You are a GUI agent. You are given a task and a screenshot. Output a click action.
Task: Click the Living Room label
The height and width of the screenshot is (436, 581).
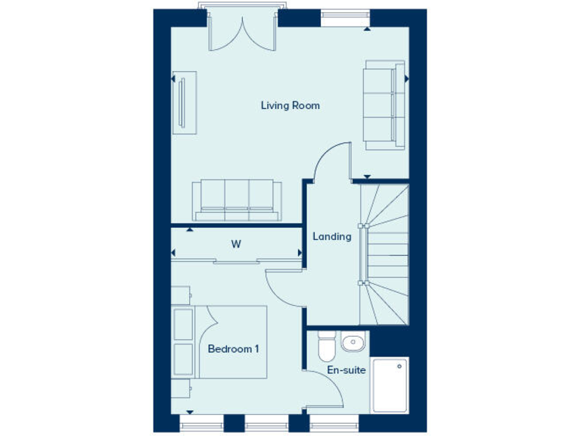pos(290,105)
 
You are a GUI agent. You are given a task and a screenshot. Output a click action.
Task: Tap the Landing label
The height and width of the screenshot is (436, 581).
pos(332,236)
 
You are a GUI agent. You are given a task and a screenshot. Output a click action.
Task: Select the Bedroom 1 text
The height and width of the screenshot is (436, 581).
pos(234,349)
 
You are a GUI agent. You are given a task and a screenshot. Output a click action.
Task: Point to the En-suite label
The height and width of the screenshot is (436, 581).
pos(346,370)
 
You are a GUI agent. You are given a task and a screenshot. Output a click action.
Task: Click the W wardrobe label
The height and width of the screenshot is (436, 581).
pos(236,244)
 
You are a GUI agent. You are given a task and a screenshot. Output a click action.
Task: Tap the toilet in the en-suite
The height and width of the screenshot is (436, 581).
pos(326,347)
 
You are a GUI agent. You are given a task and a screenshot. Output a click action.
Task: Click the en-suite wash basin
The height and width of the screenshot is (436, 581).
pos(352,345)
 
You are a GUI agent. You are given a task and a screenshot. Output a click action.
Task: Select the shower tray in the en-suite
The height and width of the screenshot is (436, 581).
pos(390,385)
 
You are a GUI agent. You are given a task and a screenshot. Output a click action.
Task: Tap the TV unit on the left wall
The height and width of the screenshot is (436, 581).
pos(184,102)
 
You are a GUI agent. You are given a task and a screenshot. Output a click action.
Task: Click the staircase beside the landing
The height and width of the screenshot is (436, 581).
pos(384,254)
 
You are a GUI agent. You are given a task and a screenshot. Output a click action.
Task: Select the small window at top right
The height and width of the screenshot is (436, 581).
pos(344,14)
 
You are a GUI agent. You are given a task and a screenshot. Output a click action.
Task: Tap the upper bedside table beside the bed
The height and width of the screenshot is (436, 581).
pos(182,323)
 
